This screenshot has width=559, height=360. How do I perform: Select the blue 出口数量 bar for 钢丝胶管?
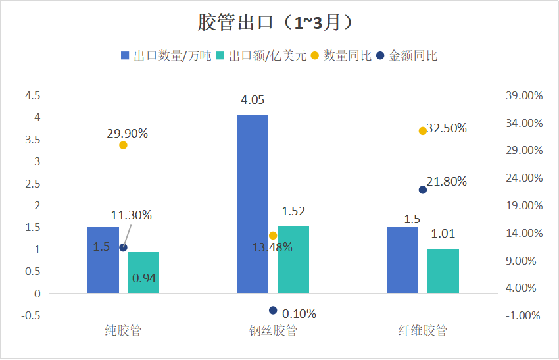click(253, 204)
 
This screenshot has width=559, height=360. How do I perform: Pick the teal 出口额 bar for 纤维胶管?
click(443, 271)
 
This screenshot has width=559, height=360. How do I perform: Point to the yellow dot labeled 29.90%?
click(123, 145)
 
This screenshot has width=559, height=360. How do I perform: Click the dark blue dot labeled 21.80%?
click(423, 190)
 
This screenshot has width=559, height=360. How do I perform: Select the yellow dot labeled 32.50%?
click(423, 131)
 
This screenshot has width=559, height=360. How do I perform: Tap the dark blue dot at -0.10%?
click(273, 311)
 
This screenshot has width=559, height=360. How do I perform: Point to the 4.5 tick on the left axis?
click(32, 95)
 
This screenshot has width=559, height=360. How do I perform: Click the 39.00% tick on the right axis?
click(524, 95)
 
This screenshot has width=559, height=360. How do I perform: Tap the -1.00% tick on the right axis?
click(524, 315)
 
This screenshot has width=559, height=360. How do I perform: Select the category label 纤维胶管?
click(423, 330)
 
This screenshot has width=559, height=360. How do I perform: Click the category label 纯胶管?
click(123, 330)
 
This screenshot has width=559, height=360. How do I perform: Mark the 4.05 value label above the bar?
click(253, 100)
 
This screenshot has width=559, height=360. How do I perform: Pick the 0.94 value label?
click(144, 278)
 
